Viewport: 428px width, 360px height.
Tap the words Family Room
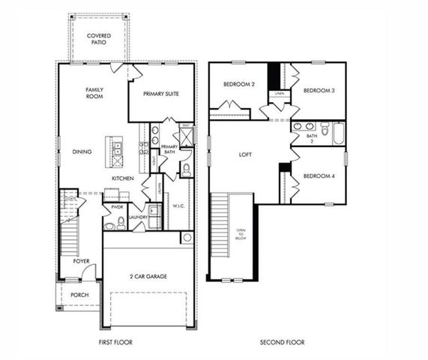tap(94, 94)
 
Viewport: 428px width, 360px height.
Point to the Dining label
tap(82, 151)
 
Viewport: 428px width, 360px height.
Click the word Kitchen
tap(122, 178)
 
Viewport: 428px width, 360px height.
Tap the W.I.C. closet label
tap(179, 205)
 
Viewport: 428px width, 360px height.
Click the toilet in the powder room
tap(110, 223)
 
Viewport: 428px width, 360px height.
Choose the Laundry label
tap(137, 217)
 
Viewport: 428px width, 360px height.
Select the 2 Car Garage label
tap(147, 276)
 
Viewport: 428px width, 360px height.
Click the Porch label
tap(79, 295)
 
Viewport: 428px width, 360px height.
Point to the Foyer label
tap(81, 261)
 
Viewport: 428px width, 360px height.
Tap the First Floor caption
tap(115, 342)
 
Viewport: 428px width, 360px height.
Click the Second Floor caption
tap(283, 342)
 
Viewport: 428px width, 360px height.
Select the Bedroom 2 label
tap(239, 85)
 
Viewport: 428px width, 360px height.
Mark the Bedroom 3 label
tap(319, 90)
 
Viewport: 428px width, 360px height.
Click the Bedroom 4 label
tap(319, 176)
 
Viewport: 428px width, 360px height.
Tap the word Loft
tap(245, 154)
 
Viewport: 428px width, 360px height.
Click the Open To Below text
tap(241, 235)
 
